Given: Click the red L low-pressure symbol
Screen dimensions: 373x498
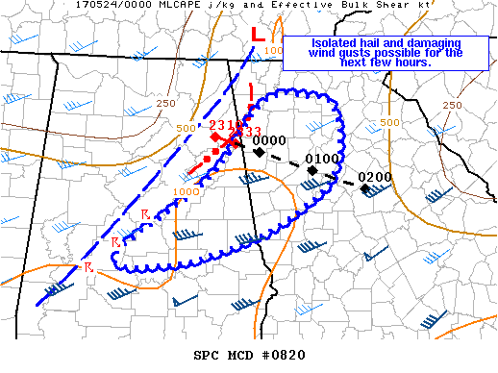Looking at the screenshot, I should pyautogui.click(x=257, y=33).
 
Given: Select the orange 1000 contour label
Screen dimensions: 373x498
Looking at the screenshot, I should pyautogui.click(x=187, y=192).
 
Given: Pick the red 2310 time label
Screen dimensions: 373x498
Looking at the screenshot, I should pyautogui.click(x=224, y=126).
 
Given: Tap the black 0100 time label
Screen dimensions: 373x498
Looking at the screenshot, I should pyautogui.click(x=321, y=159).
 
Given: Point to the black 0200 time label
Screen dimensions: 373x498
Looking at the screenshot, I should pyautogui.click(x=374, y=177).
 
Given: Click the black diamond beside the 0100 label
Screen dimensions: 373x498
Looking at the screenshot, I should pyautogui.click(x=312, y=170).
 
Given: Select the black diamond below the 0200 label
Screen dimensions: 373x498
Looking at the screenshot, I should pyautogui.click(x=365, y=188).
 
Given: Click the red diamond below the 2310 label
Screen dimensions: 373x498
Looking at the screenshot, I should pyautogui.click(x=215, y=137).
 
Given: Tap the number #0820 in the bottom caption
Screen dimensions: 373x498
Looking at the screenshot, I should pyautogui.click(x=283, y=355).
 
